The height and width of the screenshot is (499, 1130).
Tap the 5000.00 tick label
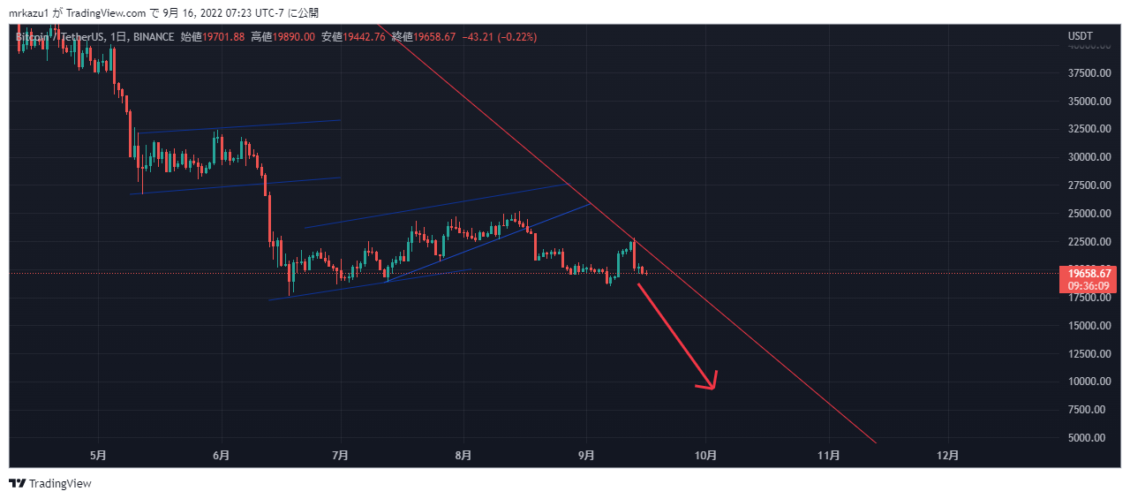1089,438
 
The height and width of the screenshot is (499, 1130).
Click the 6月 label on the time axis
222,456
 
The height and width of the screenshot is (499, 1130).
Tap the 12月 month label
948,456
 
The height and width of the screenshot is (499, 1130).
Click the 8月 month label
463,456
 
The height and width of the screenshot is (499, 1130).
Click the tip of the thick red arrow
712,387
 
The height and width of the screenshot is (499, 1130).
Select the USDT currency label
1081,36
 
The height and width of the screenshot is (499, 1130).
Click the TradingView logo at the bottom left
50,483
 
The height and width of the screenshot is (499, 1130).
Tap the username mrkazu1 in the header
30,13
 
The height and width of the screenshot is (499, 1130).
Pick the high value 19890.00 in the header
295,37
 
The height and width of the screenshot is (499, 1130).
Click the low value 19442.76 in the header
364,37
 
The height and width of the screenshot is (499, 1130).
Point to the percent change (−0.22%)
516,37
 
